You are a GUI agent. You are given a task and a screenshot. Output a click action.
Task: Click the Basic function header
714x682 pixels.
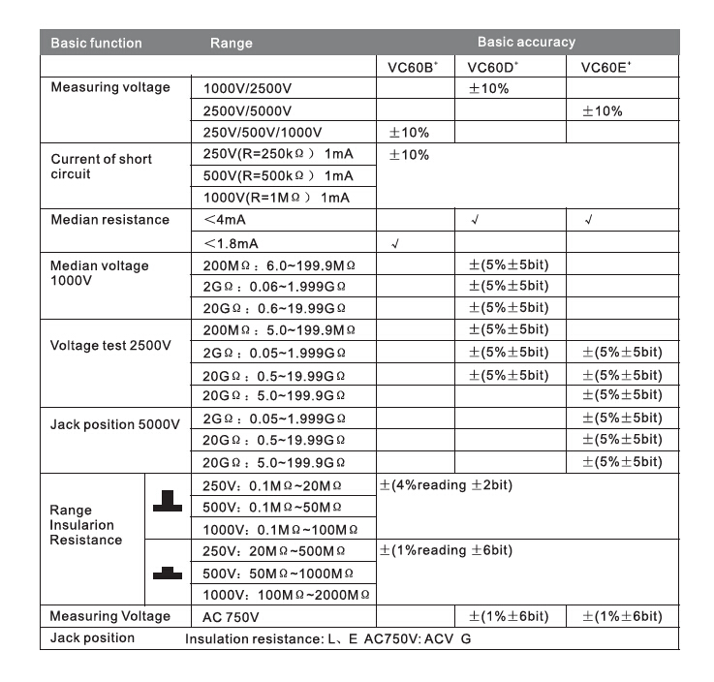pos(96,43)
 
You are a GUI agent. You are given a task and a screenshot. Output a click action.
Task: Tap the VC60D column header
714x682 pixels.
pos(492,67)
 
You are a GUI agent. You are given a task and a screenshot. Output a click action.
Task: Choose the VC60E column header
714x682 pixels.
pos(605,67)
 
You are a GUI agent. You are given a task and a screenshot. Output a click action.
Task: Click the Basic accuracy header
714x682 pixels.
pos(526,43)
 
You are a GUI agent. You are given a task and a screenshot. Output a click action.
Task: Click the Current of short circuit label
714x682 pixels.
pos(101,167)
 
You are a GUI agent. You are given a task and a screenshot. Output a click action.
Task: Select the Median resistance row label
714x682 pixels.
pos(109,220)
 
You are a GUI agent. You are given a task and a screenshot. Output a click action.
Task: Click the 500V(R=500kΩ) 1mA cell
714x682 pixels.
pos(278,176)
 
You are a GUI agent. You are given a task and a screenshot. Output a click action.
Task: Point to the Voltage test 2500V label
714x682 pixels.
pos(110,346)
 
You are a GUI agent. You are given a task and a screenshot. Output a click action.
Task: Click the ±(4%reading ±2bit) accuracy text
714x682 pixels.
pos(446,485)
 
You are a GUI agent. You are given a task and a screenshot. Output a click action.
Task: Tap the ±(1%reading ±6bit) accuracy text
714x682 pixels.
pos(446,550)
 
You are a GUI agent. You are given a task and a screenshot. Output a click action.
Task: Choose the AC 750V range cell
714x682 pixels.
pos(231,617)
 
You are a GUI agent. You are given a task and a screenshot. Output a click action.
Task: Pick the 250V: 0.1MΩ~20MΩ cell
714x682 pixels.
pos(272,485)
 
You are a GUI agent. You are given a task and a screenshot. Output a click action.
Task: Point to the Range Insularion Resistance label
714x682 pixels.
pos(85,525)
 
